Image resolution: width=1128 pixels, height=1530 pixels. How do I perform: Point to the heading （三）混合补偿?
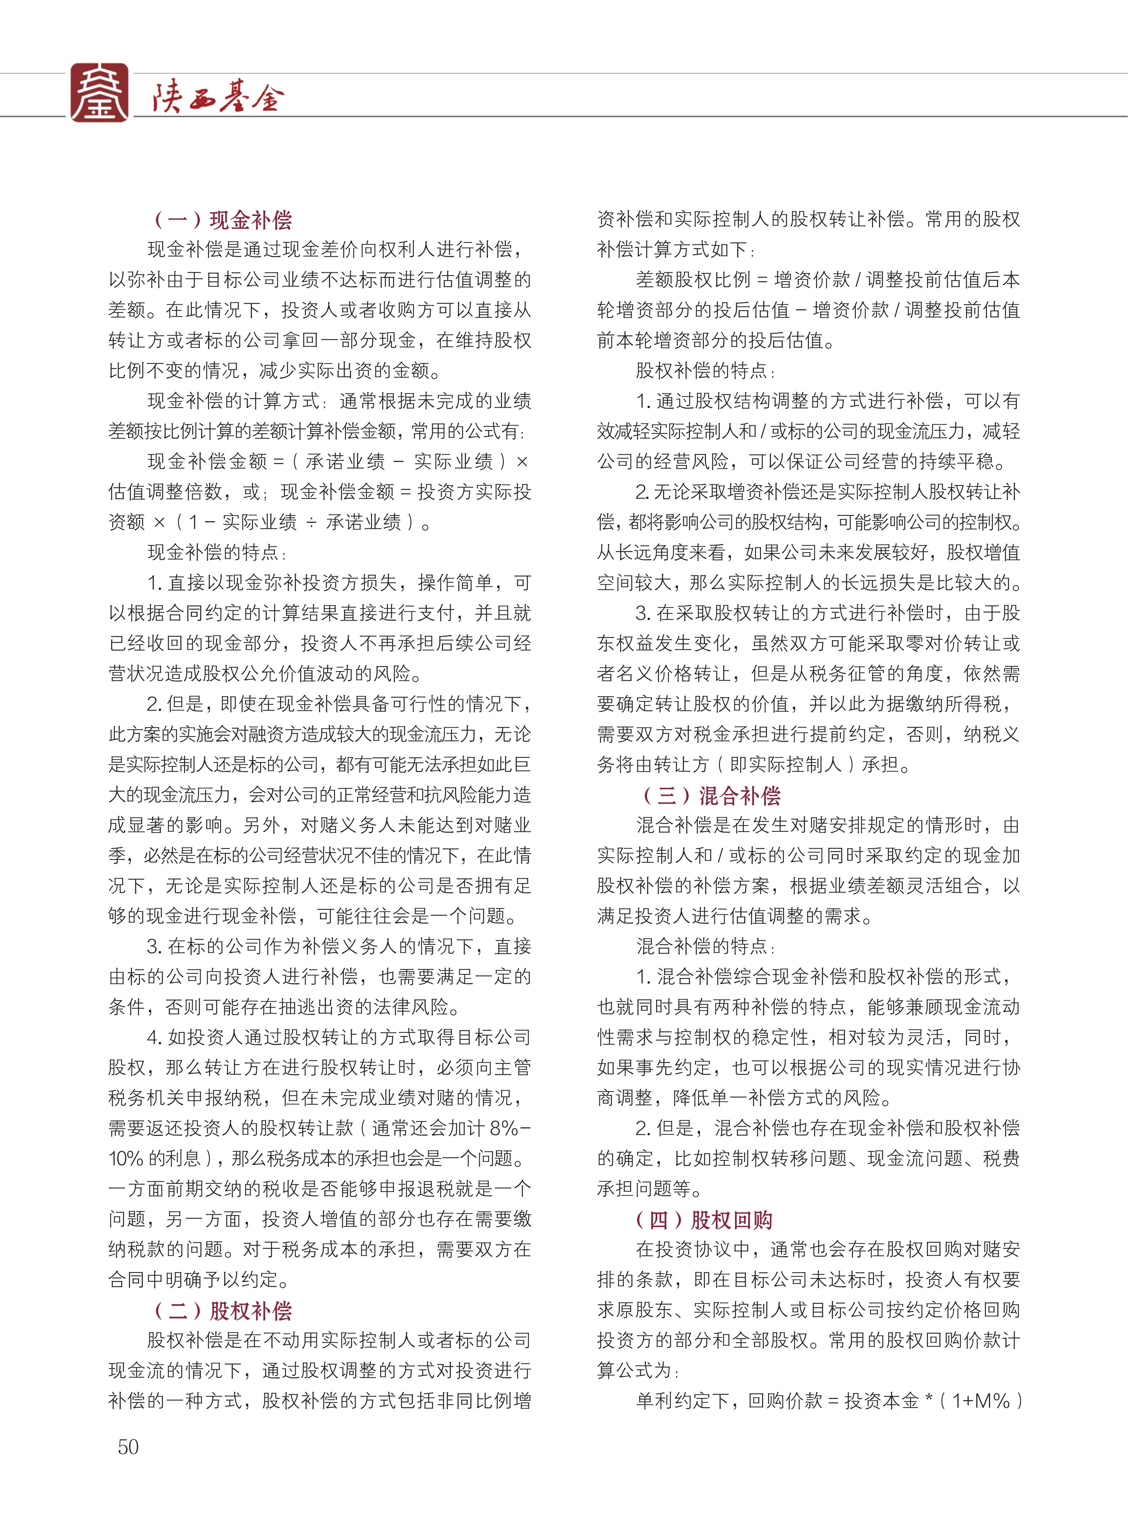712,796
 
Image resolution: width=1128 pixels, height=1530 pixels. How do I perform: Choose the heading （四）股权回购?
705,1220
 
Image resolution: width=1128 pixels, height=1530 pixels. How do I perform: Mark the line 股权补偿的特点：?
706,371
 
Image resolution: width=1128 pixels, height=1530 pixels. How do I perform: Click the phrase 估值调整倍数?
165,492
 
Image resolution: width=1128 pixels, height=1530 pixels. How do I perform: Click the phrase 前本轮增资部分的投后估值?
710,341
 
